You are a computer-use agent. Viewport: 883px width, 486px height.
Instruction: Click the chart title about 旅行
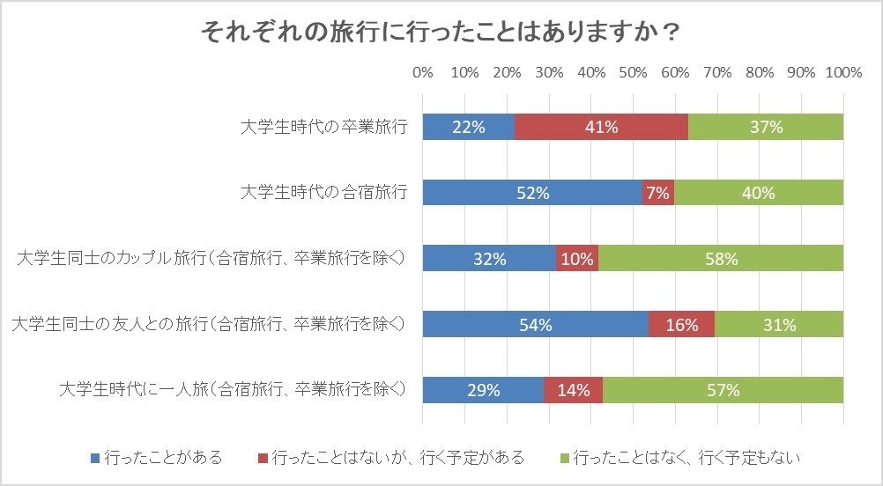point(441,33)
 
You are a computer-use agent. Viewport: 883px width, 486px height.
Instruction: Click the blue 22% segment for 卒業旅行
point(468,127)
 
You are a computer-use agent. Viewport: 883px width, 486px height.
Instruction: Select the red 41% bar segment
point(601,127)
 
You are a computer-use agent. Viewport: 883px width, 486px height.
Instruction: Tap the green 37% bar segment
point(766,127)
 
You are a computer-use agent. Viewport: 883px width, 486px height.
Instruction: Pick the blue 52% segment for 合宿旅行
point(532,193)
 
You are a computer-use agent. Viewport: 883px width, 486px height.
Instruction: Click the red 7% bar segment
point(658,193)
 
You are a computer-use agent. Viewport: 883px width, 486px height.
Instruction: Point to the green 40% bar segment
point(759,193)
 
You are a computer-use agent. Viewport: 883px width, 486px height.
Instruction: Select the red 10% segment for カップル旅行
point(577,259)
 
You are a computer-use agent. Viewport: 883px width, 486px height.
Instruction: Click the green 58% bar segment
point(721,259)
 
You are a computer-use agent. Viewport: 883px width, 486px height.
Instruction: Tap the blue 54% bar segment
point(535,325)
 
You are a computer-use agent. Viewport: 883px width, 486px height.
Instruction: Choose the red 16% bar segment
point(681,325)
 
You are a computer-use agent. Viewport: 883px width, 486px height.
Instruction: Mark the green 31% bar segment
point(779,325)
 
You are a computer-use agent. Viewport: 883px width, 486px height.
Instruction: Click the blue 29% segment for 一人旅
point(483,390)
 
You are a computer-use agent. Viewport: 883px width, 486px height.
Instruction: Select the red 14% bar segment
point(573,390)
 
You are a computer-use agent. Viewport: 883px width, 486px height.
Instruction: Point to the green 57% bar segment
point(723,390)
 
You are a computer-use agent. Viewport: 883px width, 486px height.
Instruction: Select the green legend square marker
point(565,458)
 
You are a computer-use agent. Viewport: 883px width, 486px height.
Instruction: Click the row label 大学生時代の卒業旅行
point(324,127)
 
